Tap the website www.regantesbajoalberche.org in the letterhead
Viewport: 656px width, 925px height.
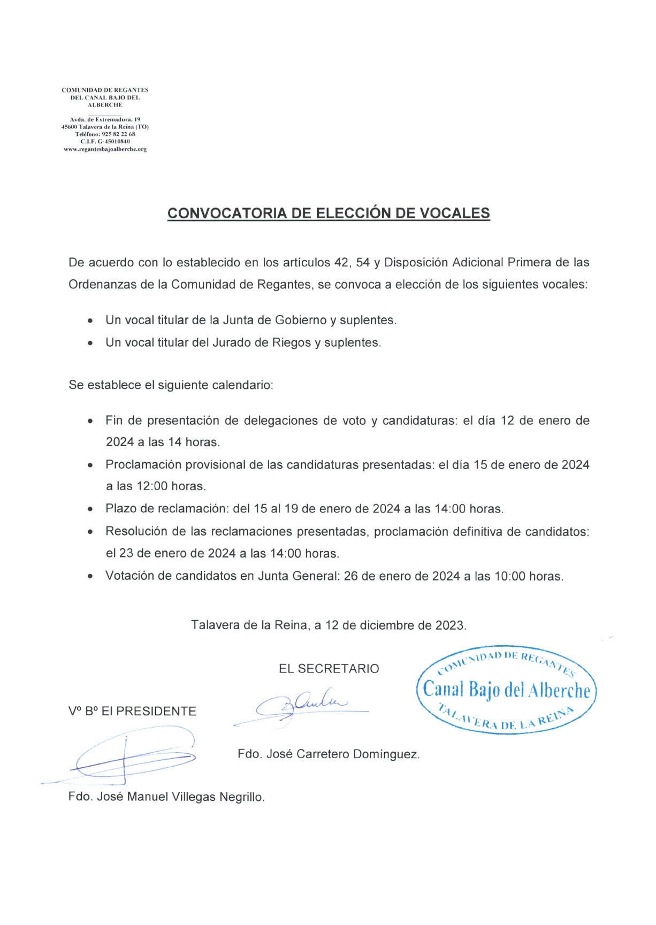tap(105, 149)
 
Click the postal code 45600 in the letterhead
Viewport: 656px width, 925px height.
tap(69, 127)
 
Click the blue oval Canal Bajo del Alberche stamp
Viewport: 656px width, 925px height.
tap(506, 689)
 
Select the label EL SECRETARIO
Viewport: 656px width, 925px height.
tap(329, 669)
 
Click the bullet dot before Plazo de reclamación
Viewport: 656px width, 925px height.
tap(90, 509)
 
